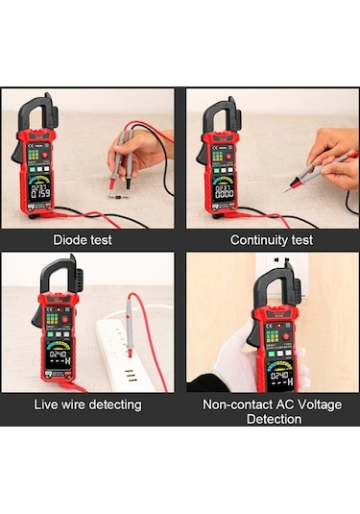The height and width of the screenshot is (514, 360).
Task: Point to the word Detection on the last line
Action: coord(273,419)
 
